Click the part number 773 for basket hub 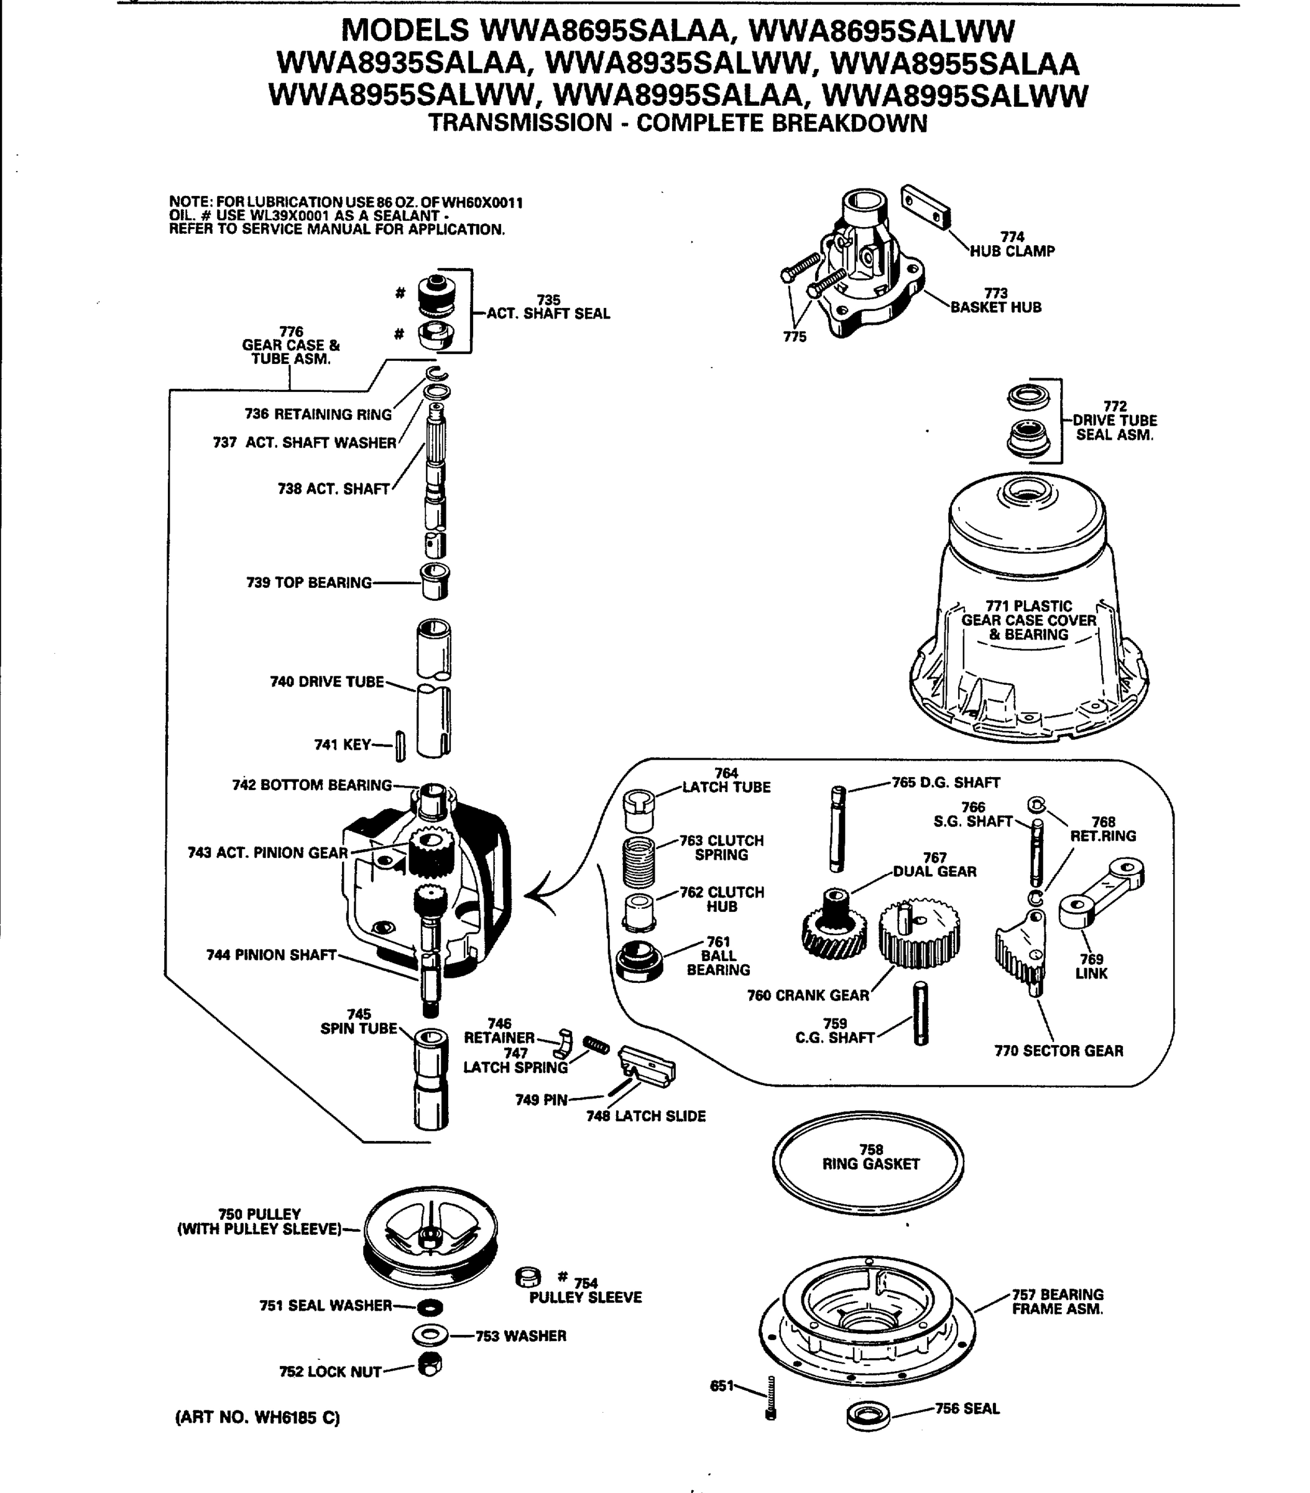click(995, 293)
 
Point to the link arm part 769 click(1100, 893)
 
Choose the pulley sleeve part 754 click(527, 1277)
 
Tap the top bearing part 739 click(435, 582)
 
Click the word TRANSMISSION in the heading click(520, 123)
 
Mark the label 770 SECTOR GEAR click(1058, 1050)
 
